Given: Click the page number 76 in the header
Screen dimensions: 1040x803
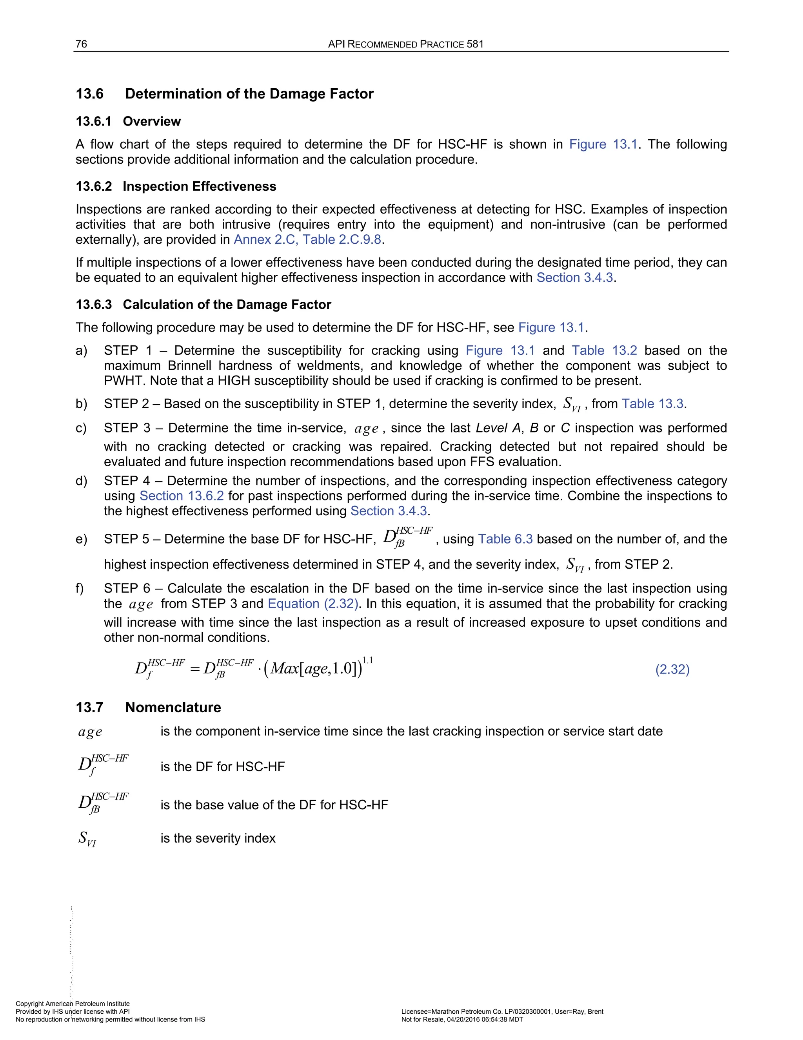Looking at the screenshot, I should [81, 44].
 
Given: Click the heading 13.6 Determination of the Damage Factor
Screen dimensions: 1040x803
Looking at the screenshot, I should [225, 94].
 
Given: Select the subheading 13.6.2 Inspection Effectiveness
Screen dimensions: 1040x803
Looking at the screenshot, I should [176, 186].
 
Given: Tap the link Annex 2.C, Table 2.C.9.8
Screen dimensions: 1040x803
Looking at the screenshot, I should [307, 239].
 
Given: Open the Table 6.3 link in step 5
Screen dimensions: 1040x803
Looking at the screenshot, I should [505, 539].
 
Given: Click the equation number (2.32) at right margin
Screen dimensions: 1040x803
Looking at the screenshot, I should [672, 670].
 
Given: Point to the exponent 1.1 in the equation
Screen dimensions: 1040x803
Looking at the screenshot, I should [367, 660].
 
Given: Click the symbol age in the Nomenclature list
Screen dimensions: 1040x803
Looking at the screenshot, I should [90, 732].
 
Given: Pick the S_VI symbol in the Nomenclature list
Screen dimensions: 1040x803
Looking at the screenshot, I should [87, 839].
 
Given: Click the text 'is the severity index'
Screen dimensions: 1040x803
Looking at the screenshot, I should [218, 838].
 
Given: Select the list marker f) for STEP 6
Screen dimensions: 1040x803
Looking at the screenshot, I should [80, 589].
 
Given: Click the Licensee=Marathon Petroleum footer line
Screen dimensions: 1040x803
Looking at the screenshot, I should [502, 1011].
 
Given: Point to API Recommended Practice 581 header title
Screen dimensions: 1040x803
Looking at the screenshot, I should [405, 44].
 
